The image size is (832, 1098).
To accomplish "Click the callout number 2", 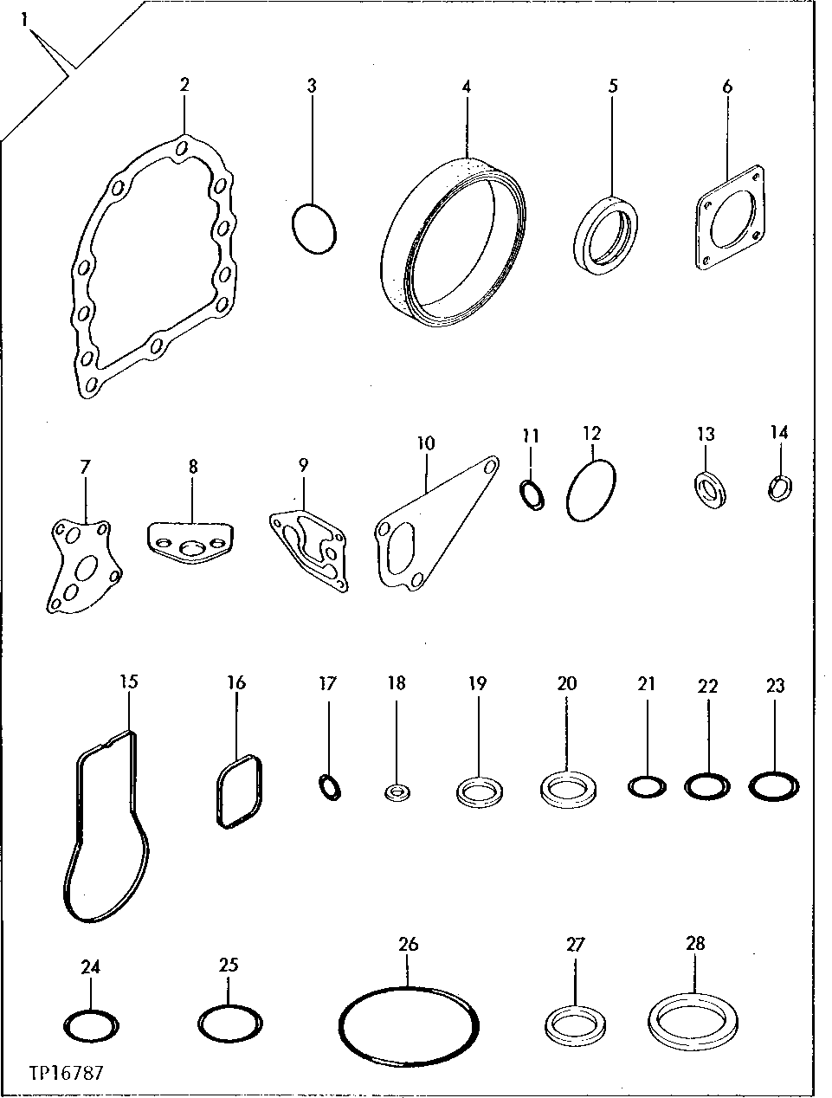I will [x=184, y=84].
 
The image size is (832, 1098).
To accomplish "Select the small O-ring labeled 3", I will [x=314, y=229].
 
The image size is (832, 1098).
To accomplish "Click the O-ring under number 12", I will [x=591, y=490].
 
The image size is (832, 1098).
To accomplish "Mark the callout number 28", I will [x=695, y=943].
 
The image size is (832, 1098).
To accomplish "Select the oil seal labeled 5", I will [x=607, y=236].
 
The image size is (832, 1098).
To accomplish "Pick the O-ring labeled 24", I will [x=92, y=1026].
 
